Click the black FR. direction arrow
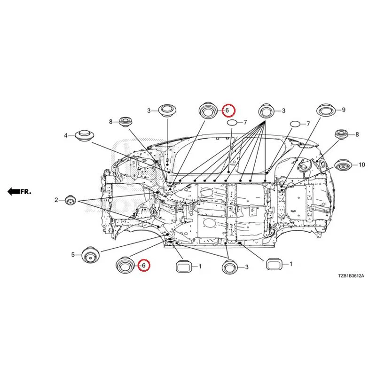pyautogui.click(x=14, y=191)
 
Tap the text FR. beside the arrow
pyautogui.click(x=26, y=192)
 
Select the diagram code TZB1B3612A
pyautogui.click(x=351, y=276)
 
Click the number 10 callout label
pyautogui.click(x=361, y=164)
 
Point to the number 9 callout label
pyautogui.click(x=344, y=110)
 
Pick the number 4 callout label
pyautogui.click(x=65, y=136)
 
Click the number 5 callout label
pyautogui.click(x=73, y=255)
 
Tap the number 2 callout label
pyautogui.click(x=56, y=200)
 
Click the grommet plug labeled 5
pyautogui.click(x=90, y=255)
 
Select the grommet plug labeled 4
pyautogui.click(x=84, y=136)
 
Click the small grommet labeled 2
pyautogui.click(x=70, y=200)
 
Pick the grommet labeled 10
pyautogui.click(x=343, y=165)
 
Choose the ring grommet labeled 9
pyautogui.click(x=326, y=110)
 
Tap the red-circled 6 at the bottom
pyautogui.click(x=144, y=265)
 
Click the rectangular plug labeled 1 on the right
pyautogui.click(x=274, y=264)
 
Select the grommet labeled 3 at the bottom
pyautogui.click(x=229, y=267)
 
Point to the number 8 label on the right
pyautogui.click(x=357, y=134)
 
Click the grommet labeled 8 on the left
pyautogui.click(x=126, y=122)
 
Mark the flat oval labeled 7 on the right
pyautogui.click(x=295, y=124)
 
